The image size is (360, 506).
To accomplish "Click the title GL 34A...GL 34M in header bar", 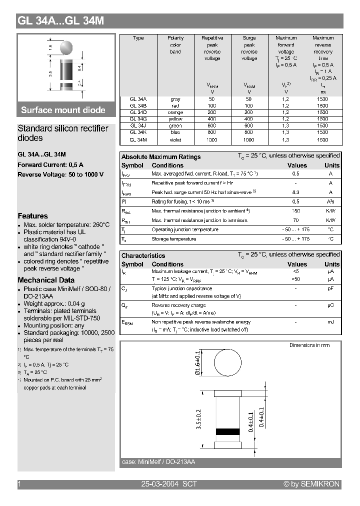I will coord(61,21).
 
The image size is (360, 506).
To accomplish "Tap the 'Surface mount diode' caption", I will coord(63,110).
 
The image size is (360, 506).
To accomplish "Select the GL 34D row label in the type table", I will coord(138,112).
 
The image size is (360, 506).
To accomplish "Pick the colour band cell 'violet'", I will coord(175,140).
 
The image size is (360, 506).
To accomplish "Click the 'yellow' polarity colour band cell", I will coord(175,119).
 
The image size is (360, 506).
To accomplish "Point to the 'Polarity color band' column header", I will coord(175,45).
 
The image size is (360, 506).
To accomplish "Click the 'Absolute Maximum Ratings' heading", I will coord(161,157).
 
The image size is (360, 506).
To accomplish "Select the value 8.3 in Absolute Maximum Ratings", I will coord(295,192).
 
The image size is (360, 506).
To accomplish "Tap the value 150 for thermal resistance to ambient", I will coord(295,211).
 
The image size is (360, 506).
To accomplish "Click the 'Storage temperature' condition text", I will coord(173,239).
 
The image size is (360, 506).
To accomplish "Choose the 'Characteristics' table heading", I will coord(143,255).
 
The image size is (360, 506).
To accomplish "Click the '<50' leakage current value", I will coord(295,279).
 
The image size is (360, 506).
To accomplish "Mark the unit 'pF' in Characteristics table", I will coord(330,288).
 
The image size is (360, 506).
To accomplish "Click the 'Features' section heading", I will coord(32,216).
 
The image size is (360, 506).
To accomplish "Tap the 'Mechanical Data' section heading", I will coord(46,280).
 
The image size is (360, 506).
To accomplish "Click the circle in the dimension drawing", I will coord(227,364).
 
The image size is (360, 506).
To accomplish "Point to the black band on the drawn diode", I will coord(227,431).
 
